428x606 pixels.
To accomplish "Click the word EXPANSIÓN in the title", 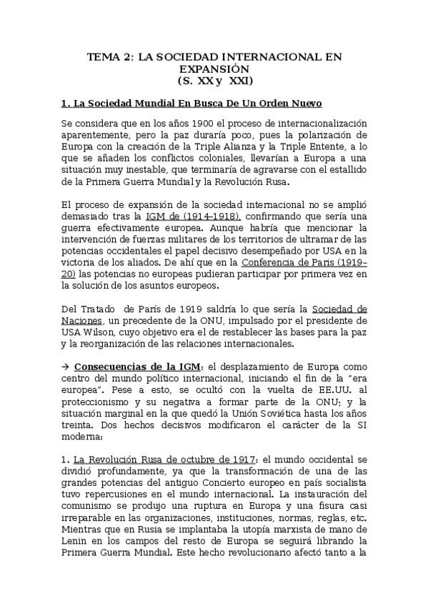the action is pyautogui.click(x=214, y=69).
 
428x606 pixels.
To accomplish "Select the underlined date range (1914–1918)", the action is pyautogui.click(x=208, y=216).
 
